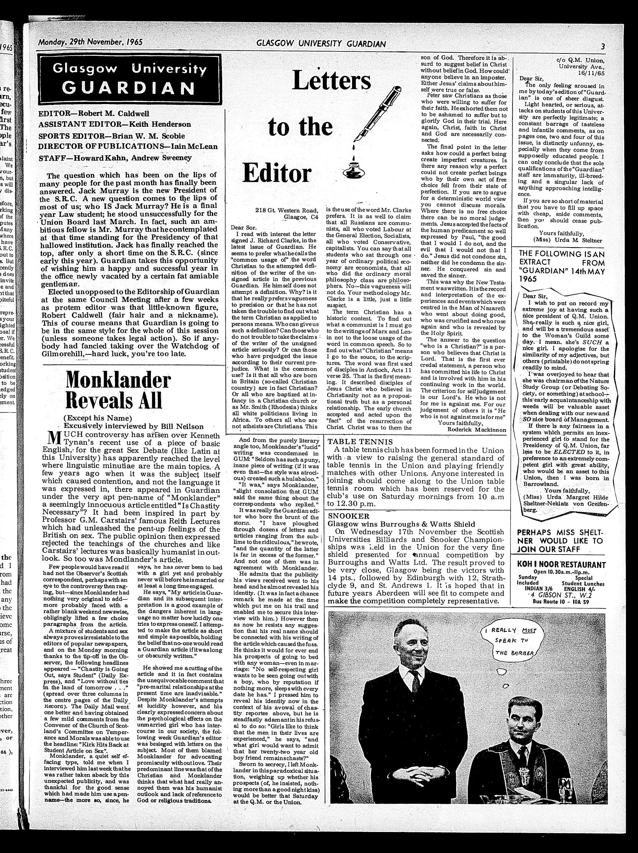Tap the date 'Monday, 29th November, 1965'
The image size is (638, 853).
[90, 42]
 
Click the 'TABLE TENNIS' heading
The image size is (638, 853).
[360, 441]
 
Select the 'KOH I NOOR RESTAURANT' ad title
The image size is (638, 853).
[556, 565]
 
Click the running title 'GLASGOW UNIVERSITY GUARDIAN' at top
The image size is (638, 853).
[321, 44]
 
